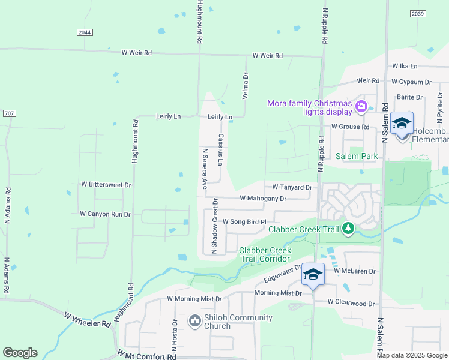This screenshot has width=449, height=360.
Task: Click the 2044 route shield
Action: [85, 32]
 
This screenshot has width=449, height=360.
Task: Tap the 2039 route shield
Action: [418, 14]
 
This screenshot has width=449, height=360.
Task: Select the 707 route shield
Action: [9, 113]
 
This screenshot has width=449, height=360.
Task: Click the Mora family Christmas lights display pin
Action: [361, 107]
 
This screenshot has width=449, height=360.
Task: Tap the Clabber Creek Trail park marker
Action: [348, 228]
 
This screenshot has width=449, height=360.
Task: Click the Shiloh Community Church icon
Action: [194, 322]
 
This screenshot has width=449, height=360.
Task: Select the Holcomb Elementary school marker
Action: [402, 124]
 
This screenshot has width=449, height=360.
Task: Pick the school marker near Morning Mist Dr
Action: [313, 275]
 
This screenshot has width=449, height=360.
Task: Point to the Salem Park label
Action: [357, 156]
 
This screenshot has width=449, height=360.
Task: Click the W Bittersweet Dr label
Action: [106, 185]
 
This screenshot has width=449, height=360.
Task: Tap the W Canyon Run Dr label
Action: [105, 214]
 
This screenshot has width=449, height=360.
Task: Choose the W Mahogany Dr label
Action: [263, 198]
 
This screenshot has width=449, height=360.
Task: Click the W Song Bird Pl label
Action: [244, 222]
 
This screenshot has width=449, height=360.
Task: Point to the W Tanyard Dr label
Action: [292, 187]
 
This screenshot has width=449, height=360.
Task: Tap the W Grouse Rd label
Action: [350, 127]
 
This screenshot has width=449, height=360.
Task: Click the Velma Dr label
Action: [245, 86]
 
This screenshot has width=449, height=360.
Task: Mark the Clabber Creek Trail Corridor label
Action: [265, 254]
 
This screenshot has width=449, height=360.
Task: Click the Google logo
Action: [20, 353]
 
